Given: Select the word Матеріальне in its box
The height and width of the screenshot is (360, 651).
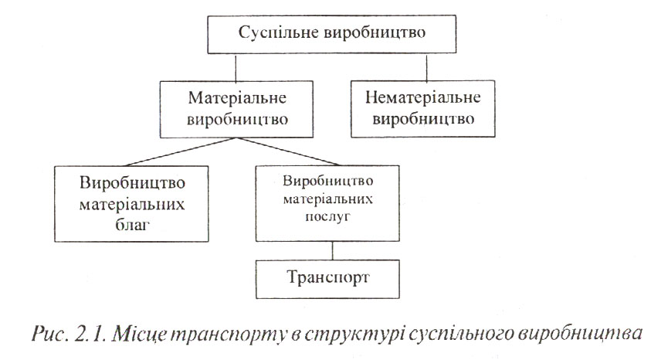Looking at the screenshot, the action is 238,98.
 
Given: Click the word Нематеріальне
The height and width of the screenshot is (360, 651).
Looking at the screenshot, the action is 423,97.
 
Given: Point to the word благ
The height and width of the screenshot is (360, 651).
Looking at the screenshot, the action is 132,225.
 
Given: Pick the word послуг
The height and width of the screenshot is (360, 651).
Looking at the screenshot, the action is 327,216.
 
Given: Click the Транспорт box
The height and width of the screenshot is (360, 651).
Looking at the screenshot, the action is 327,279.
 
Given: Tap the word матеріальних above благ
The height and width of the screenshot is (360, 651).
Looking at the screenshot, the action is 132,204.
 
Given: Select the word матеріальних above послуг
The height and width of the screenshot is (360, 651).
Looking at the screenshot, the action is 328,199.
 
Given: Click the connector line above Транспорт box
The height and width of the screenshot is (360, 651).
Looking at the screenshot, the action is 333,251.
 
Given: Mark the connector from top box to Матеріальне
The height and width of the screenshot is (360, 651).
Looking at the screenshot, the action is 236,67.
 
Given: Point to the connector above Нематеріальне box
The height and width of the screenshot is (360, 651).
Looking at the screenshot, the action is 427,67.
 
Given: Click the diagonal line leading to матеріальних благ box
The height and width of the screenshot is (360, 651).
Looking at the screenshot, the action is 181,152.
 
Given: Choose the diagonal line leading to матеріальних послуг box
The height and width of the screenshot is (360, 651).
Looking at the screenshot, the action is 289,151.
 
